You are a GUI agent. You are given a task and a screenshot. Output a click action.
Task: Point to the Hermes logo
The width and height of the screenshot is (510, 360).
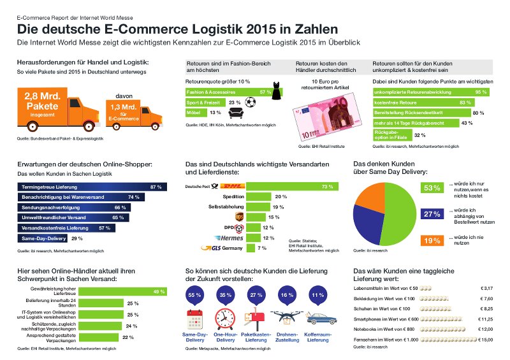(x=226, y=238)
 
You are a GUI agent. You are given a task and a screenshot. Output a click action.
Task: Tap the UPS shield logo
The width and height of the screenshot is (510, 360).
(x=238, y=217)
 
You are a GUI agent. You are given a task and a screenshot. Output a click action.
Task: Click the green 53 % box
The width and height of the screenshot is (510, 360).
(x=432, y=188)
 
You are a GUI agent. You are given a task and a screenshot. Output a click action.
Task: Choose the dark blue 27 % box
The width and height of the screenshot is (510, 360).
(x=432, y=214)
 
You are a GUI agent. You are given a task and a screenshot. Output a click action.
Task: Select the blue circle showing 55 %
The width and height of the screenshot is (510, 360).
(x=195, y=296)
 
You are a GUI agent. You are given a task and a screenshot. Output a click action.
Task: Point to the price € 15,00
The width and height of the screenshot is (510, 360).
(x=488, y=340)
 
